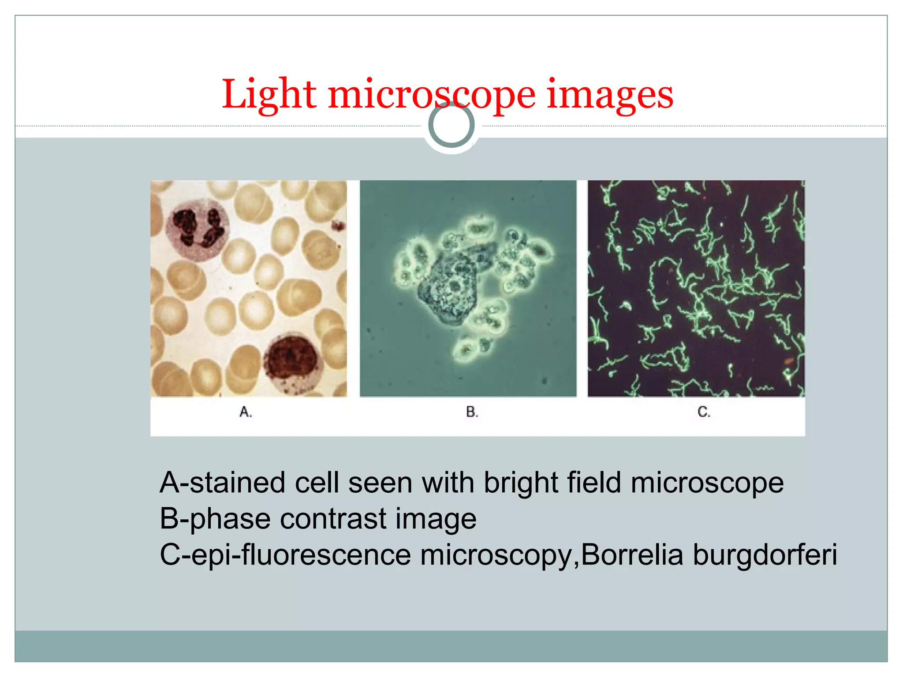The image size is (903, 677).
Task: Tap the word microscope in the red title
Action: pyautogui.click(x=432, y=95)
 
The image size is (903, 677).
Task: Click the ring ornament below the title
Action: pyautogui.click(x=451, y=125)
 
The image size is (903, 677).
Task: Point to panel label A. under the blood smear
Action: pyautogui.click(x=246, y=412)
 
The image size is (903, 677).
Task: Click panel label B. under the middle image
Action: pyautogui.click(x=472, y=412)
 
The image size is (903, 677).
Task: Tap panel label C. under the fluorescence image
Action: pyautogui.click(x=704, y=412)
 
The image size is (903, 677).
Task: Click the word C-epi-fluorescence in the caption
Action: pyautogui.click(x=285, y=555)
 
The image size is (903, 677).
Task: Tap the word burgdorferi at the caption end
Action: pyautogui.click(x=765, y=555)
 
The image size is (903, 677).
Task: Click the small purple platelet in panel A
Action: pyautogui.click(x=338, y=227)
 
